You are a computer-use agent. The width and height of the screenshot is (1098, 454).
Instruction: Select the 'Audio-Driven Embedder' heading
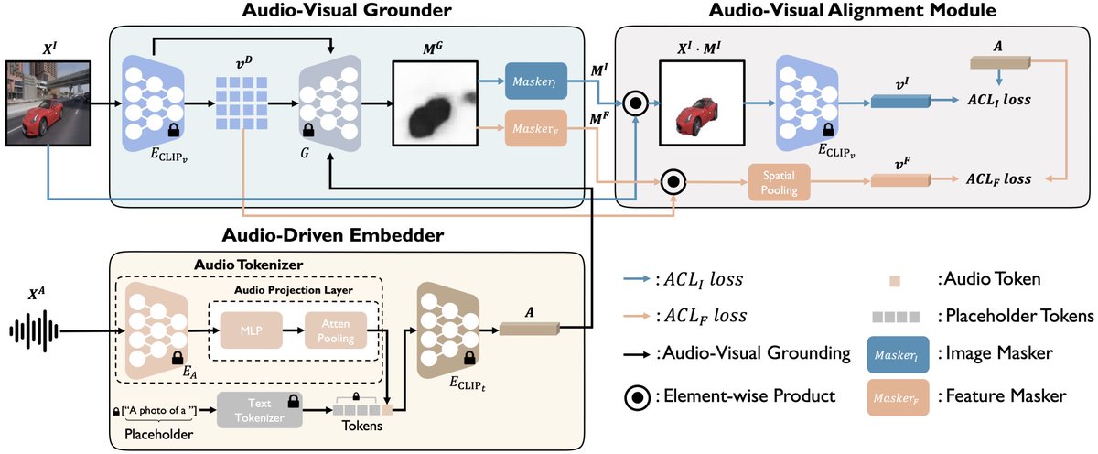(x=332, y=235)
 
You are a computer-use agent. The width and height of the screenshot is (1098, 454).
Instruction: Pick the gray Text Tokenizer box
(x=261, y=410)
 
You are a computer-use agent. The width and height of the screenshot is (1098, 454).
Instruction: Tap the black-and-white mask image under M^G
(x=435, y=103)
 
